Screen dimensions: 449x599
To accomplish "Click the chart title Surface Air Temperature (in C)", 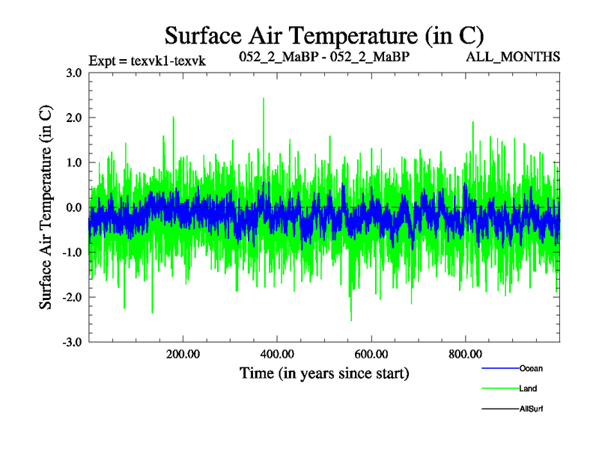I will (x=323, y=35).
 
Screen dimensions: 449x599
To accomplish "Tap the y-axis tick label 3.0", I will (x=73, y=73).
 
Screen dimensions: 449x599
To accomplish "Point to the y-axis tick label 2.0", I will (x=73, y=118).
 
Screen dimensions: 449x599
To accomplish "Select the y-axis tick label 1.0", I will (x=73, y=163).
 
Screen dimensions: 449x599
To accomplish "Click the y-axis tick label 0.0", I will (x=73, y=208).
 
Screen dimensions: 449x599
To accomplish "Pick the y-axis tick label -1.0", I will (x=72, y=253).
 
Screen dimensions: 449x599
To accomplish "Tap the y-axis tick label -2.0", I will (x=72, y=298).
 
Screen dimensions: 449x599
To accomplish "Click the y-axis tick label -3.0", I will (x=72, y=343).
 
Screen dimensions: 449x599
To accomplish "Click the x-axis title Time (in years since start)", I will (x=324, y=373).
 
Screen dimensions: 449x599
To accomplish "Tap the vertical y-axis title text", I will (x=46, y=207).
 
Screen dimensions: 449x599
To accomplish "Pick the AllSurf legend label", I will (x=531, y=409).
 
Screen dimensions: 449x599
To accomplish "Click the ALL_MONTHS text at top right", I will (x=513, y=57).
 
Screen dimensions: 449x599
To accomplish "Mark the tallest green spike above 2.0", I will (x=264, y=100).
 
